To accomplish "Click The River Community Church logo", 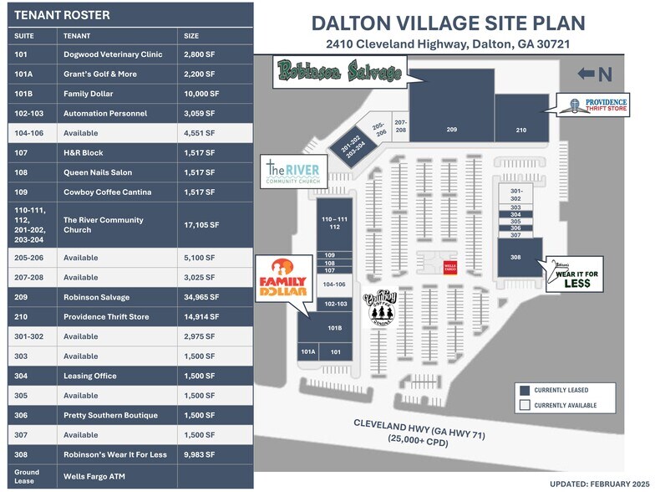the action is pyautogui.click(x=295, y=171).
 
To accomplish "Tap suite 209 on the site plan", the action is pyautogui.click(x=451, y=129).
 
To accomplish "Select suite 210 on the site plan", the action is pyautogui.click(x=520, y=130).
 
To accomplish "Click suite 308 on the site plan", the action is pyautogui.click(x=515, y=257).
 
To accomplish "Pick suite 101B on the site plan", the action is pyautogui.click(x=335, y=327).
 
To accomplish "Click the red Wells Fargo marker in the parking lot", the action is pyautogui.click(x=449, y=266).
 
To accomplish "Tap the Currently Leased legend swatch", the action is pyautogui.click(x=525, y=389).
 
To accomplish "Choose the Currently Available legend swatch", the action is pyautogui.click(x=525, y=405).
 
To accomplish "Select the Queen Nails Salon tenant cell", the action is pyautogui.click(x=117, y=172).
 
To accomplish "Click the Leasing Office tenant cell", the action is pyautogui.click(x=117, y=376).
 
